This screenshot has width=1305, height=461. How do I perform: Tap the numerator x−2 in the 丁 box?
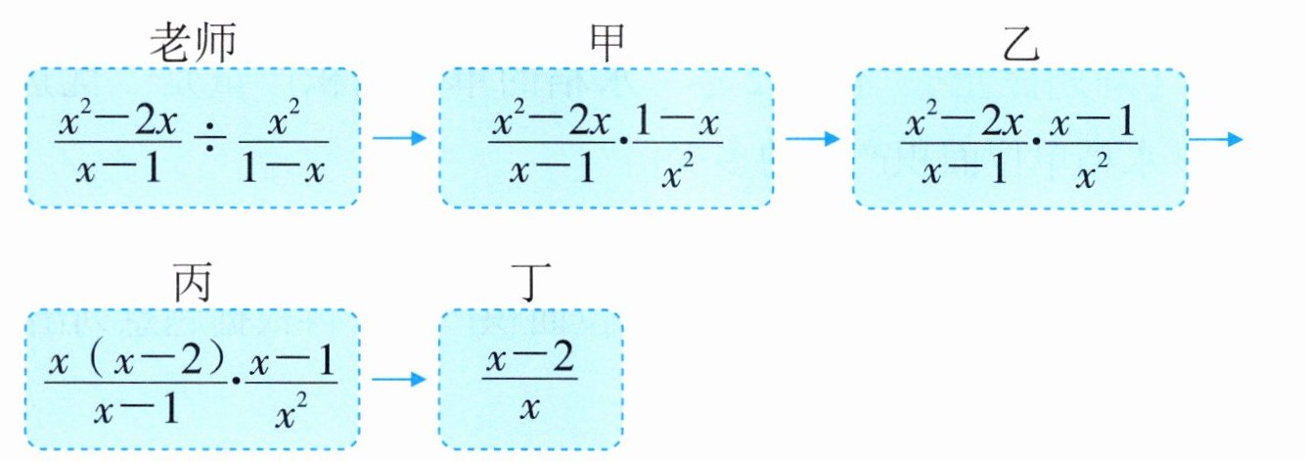click(x=529, y=362)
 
